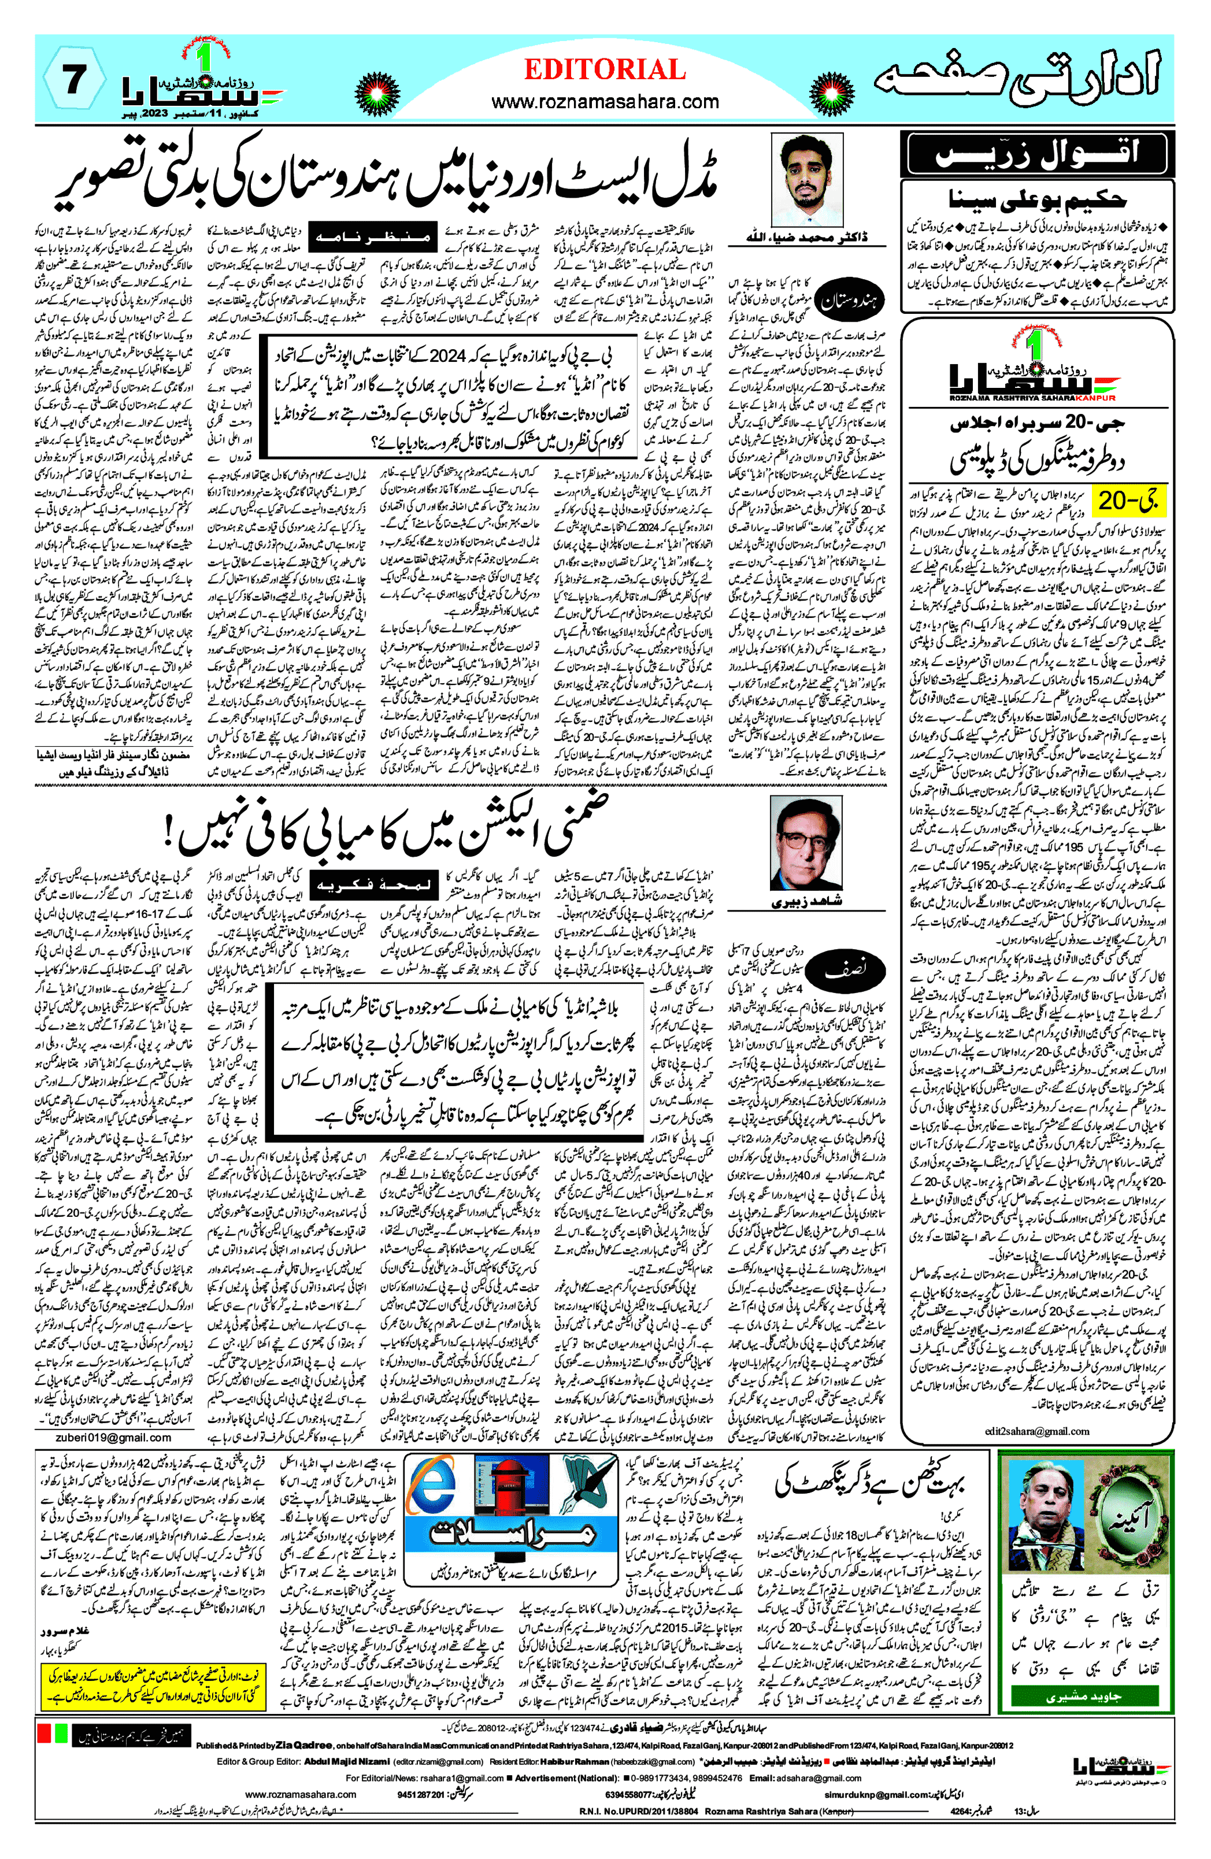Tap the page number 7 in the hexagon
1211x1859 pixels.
point(73,80)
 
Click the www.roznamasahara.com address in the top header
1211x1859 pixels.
point(605,102)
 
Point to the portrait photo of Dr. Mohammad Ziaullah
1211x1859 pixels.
point(807,180)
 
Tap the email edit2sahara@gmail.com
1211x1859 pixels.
point(1037,1431)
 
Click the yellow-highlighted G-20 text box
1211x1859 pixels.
point(1127,501)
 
